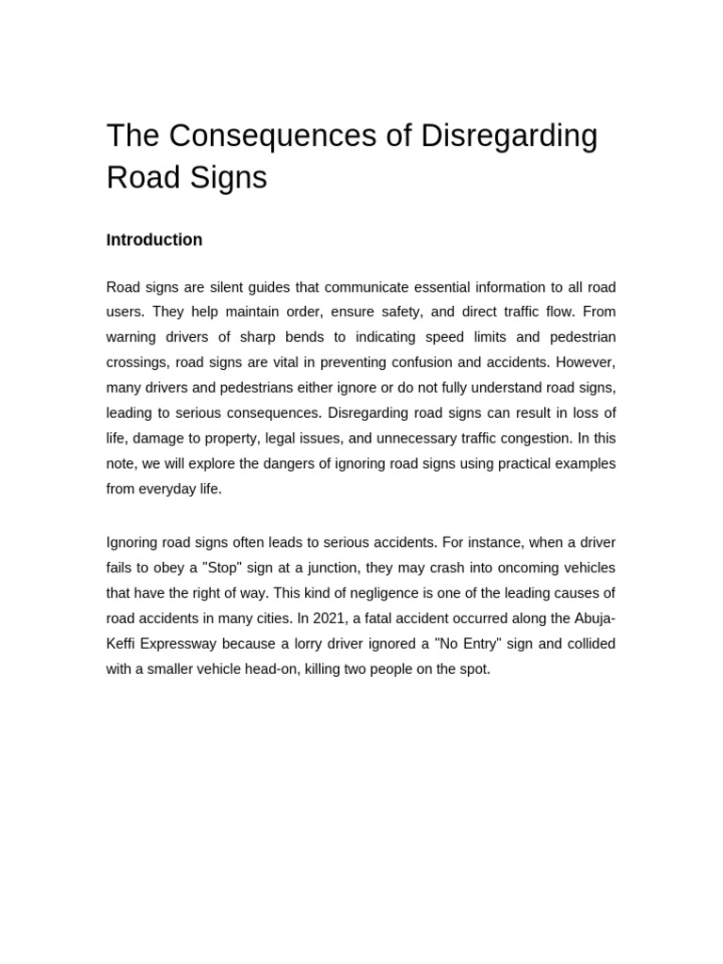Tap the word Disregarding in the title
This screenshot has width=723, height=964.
click(509, 136)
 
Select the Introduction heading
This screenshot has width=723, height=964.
click(154, 240)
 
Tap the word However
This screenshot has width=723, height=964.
click(586, 362)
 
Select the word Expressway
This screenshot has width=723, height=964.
click(197, 644)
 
